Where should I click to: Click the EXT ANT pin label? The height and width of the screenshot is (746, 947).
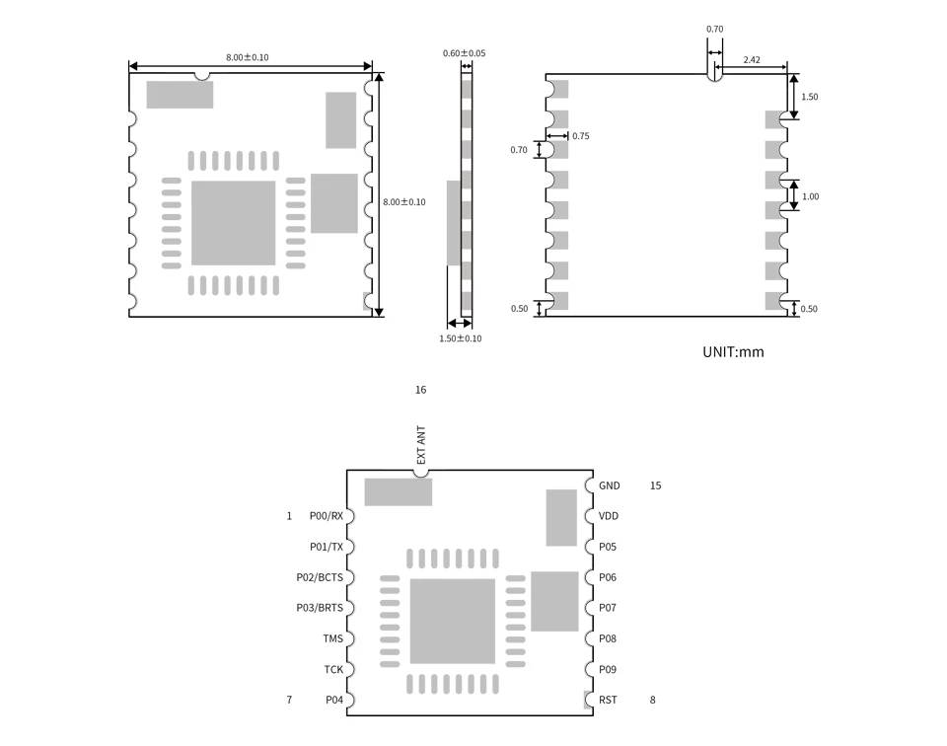pos(421,446)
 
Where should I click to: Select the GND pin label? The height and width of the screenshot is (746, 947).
pos(609,485)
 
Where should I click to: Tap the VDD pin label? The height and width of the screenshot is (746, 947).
pos(609,516)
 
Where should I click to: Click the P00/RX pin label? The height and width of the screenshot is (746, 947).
pos(326,516)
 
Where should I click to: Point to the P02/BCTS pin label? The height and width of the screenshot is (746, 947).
pos(320,577)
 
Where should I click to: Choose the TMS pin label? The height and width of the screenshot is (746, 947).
pos(332,638)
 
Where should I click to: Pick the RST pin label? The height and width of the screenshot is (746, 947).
pos(608,700)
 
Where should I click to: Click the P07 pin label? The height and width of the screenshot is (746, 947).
pos(607,608)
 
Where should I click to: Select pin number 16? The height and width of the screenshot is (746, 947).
pos(420,390)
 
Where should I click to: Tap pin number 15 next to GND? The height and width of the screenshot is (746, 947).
pos(655,485)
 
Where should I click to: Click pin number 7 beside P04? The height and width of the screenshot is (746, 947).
pos(289,700)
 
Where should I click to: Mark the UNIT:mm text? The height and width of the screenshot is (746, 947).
pos(732,351)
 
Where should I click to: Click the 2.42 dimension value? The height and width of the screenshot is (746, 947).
pos(751,60)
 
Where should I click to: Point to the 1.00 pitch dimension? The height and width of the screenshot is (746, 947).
pos(810,196)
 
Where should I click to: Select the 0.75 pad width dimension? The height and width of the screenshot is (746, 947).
pos(580,136)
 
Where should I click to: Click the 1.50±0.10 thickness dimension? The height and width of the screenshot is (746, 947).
pos(460,338)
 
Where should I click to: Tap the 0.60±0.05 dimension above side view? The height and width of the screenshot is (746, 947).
pos(464,53)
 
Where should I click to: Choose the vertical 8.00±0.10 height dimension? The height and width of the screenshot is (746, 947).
pos(404,202)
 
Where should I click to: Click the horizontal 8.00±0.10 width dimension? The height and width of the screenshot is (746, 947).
pos(247,57)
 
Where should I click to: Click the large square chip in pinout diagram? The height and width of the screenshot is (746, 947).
pos(452,621)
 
